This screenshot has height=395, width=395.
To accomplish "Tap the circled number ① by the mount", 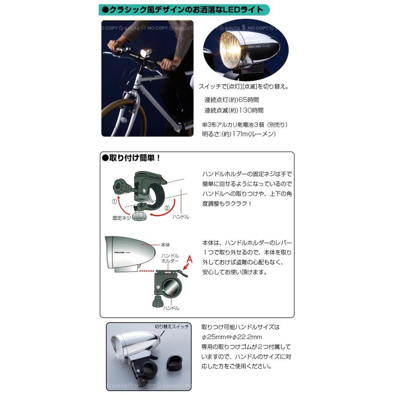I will (x=115, y=202).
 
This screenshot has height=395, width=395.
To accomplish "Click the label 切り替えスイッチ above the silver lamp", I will (x=172, y=327).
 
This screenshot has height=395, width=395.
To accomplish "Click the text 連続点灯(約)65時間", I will (x=231, y=101).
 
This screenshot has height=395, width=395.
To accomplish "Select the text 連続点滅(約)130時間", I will (x=234, y=111).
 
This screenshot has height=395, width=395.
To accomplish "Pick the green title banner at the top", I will (x=183, y=10).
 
